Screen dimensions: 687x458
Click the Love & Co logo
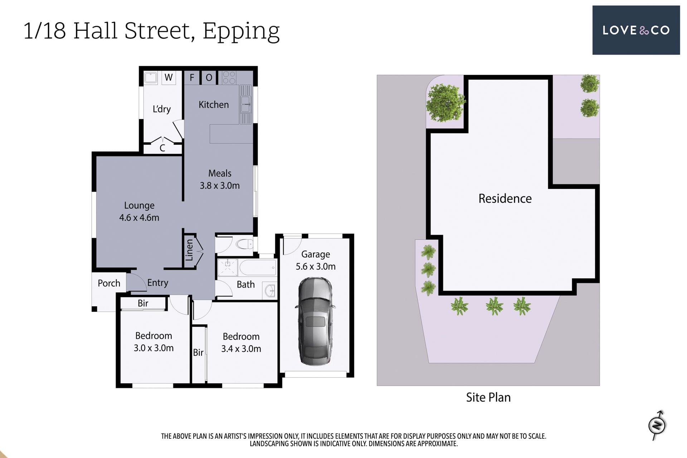click(636, 30)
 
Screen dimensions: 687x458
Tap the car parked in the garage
click(315, 321)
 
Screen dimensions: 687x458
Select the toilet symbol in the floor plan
click(245, 244)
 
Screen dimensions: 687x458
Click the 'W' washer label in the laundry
click(169, 77)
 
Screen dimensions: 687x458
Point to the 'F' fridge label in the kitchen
click(192, 77)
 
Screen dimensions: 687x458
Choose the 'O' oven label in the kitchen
click(209, 78)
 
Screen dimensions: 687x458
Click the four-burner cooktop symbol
click(229, 77)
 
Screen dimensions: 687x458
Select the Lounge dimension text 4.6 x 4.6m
click(139, 218)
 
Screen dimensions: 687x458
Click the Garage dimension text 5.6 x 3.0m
click(316, 267)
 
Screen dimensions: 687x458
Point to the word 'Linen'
click(189, 250)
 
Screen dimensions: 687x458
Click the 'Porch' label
click(109, 283)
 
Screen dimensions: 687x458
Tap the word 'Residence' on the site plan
click(505, 199)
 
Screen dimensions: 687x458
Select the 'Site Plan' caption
click(488, 398)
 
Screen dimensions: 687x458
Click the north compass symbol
click(657, 425)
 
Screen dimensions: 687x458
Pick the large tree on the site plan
click(445, 103)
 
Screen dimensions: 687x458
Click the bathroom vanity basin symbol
click(270, 291)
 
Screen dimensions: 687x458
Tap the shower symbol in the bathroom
click(228, 268)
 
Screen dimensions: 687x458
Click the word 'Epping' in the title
click(241, 31)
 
